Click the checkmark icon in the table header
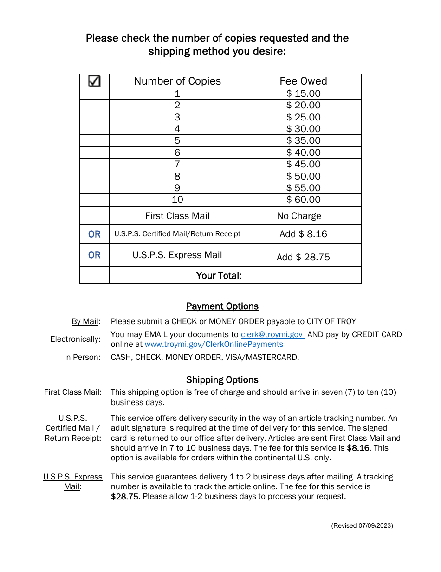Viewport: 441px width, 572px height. pyautogui.click(x=94, y=81)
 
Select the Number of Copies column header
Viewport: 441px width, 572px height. pyautogui.click(x=177, y=81)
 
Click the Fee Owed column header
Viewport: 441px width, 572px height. pyautogui.click(x=303, y=81)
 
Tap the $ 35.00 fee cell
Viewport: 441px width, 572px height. pyautogui.click(x=303, y=140)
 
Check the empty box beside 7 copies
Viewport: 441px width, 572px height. pyautogui.click(x=94, y=164)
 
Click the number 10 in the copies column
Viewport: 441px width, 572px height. pyautogui.click(x=177, y=200)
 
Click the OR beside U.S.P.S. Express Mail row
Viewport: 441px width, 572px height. pyautogui.click(x=94, y=255)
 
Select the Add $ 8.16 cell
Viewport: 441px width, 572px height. pyautogui.click(x=303, y=234)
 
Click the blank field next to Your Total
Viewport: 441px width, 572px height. pyautogui.click(x=303, y=275)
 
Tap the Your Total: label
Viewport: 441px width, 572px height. pyautogui.click(x=219, y=275)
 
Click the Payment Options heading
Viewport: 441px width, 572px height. pyautogui.click(x=222, y=306)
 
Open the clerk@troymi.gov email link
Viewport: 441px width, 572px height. pyautogui.click(x=272, y=334)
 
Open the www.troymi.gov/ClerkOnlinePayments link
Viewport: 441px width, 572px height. pyautogui.click(x=214, y=344)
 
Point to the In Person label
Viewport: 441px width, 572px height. pyautogui.click(x=82, y=357)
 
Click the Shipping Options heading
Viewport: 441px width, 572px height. pyautogui.click(x=222, y=379)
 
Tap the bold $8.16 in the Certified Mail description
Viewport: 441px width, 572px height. pyautogui.click(x=360, y=448)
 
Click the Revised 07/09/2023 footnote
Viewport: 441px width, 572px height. pyautogui.click(x=362, y=525)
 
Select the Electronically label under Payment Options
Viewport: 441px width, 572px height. pyautogui.click(x=75, y=339)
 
